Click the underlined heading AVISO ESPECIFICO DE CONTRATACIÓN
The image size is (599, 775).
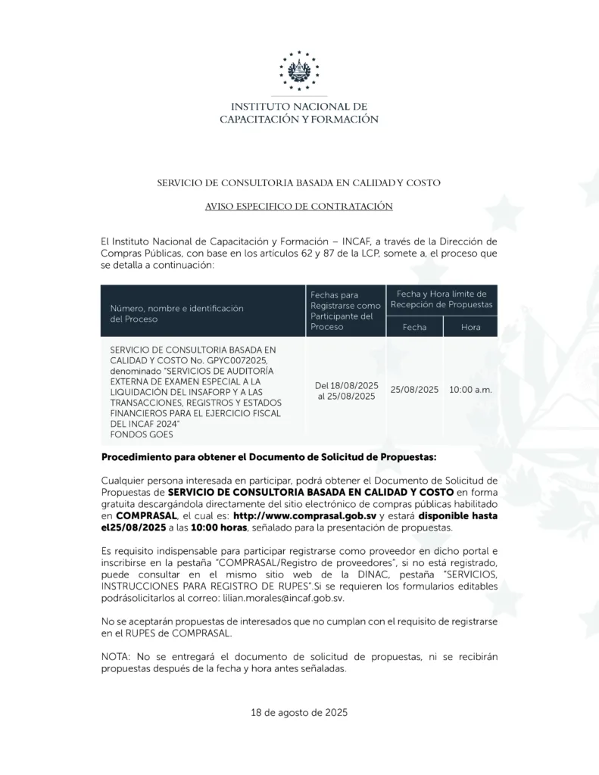coord(299,206)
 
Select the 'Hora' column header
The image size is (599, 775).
coord(470,327)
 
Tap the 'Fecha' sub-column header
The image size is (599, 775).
coord(414,327)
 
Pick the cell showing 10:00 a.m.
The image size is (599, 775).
coord(470,389)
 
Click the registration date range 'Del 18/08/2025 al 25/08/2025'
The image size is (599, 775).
coord(345,391)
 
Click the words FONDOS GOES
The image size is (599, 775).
coord(142,434)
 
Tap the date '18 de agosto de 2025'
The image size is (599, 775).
coord(299,713)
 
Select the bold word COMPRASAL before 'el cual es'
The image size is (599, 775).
coord(145,515)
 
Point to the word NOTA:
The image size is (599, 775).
coord(116,657)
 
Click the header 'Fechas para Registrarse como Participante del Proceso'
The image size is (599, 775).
coord(345,310)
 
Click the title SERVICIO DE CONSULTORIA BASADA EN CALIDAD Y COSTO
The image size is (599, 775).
coord(299,182)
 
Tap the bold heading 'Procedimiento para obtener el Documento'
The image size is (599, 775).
coord(268,459)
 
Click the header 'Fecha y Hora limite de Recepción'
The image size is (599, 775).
coord(441,298)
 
